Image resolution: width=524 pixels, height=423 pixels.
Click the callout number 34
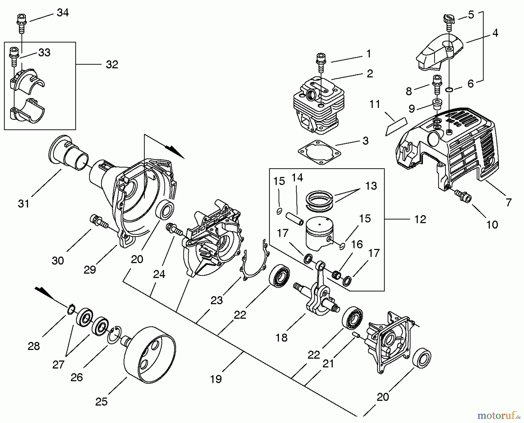tap(63, 13)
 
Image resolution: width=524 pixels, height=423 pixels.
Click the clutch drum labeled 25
tap(150, 354)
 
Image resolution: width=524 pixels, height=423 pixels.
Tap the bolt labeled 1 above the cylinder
tap(321, 62)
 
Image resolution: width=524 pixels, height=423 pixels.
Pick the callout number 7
tap(509, 202)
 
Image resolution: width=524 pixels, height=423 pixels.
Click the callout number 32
tap(112, 64)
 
